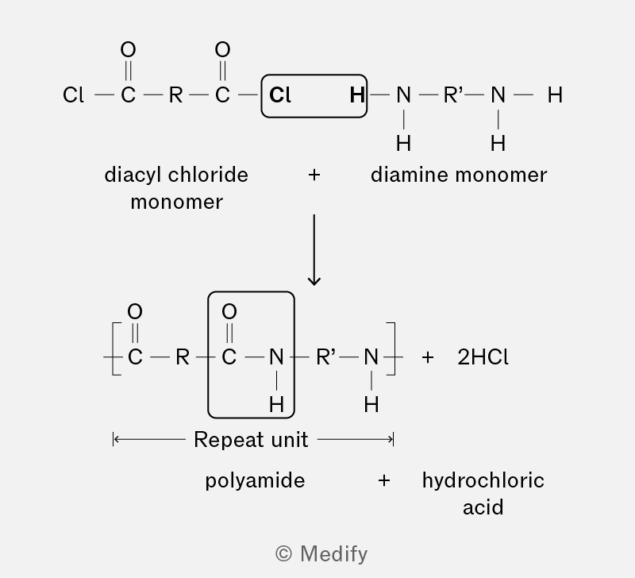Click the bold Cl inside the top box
[x=280, y=95]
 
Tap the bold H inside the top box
[x=357, y=95]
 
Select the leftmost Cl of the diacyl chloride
[x=73, y=95]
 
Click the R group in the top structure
[x=175, y=95]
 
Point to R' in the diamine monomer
[x=452, y=95]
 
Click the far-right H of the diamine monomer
[x=555, y=95]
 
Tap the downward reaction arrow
[x=314, y=250]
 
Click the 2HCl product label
[x=483, y=357]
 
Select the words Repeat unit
[x=251, y=440]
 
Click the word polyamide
[x=255, y=481]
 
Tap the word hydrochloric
[x=483, y=481]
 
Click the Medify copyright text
[x=321, y=553]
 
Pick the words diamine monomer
[x=459, y=175]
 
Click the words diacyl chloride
[x=176, y=175]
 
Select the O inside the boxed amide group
[x=229, y=311]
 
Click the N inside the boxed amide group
[x=276, y=357]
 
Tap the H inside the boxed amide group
[x=276, y=404]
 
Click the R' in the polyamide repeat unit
[x=325, y=357]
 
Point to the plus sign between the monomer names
[x=314, y=175]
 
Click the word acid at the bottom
[x=483, y=507]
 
